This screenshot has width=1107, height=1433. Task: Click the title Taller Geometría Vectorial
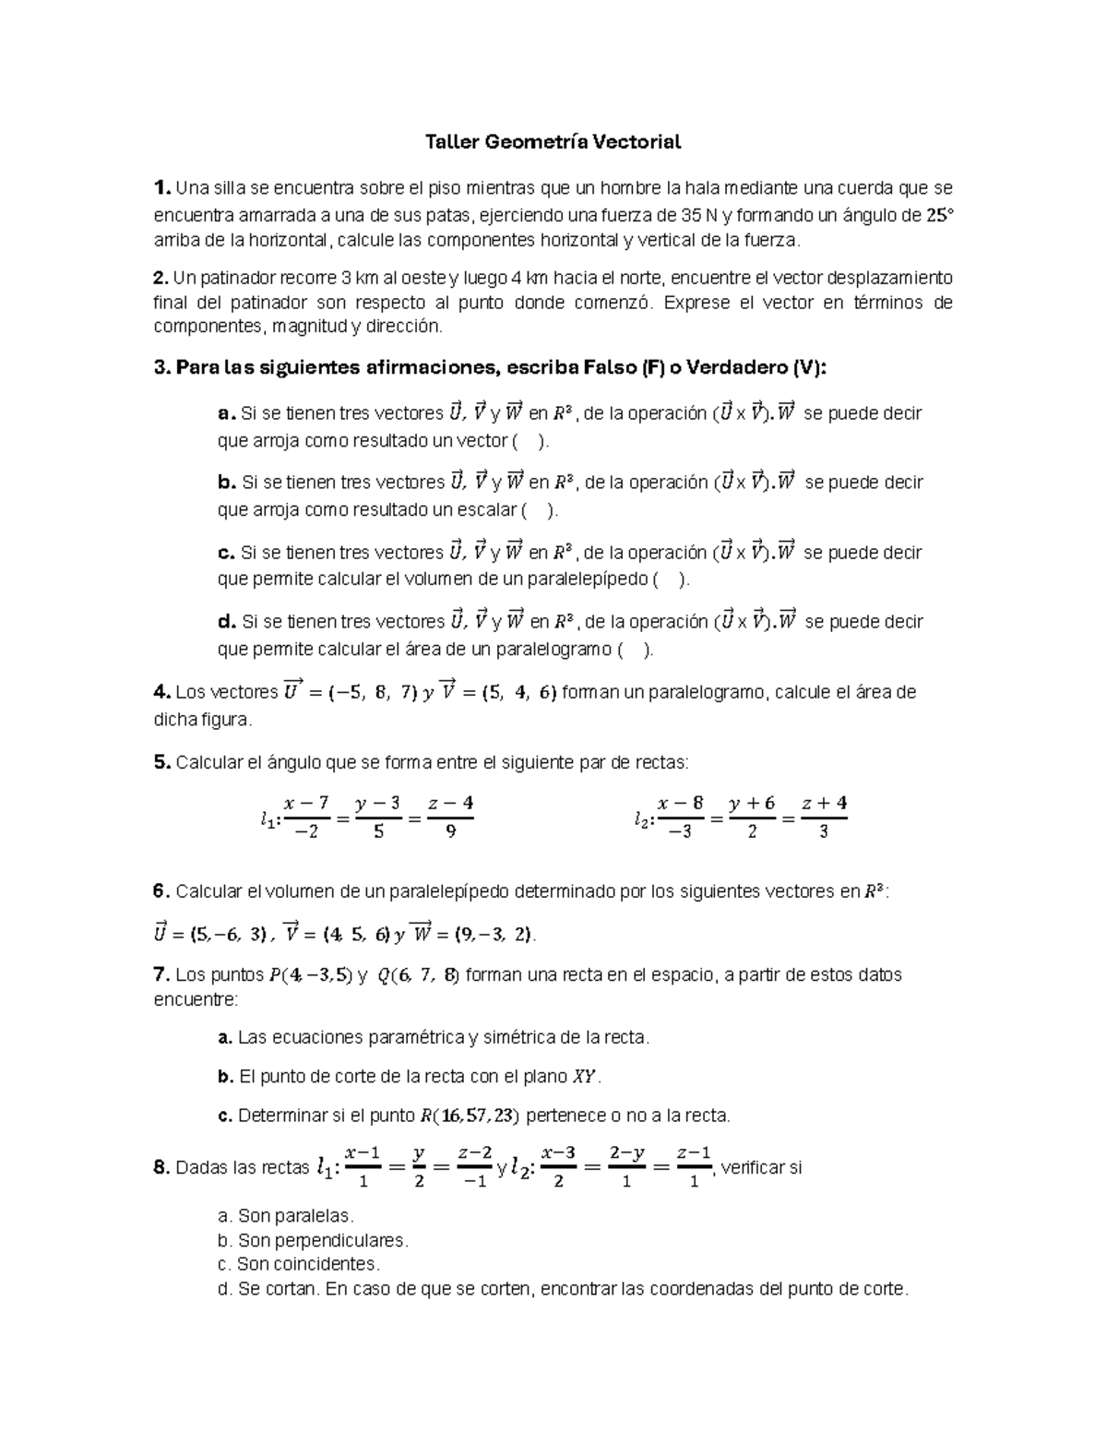(x=553, y=142)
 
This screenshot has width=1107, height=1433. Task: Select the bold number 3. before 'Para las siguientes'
(x=162, y=368)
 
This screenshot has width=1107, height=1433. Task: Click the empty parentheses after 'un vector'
(x=529, y=441)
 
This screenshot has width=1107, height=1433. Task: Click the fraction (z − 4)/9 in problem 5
(x=450, y=817)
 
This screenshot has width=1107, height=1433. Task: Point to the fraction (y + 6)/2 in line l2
(x=752, y=817)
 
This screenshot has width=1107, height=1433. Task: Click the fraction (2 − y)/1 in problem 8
(x=626, y=1167)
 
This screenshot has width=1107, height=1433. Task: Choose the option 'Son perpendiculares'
(x=322, y=1240)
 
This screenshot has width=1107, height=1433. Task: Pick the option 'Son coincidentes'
(x=308, y=1264)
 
